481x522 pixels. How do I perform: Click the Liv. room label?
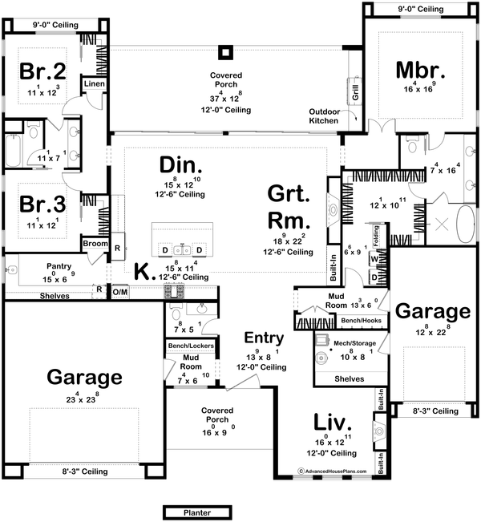click(x=331, y=422)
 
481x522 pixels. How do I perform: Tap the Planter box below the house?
click(x=196, y=512)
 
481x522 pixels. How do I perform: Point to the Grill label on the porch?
click(x=354, y=90)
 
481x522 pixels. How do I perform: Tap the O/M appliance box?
click(x=120, y=291)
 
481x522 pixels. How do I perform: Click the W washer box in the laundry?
click(x=374, y=260)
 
